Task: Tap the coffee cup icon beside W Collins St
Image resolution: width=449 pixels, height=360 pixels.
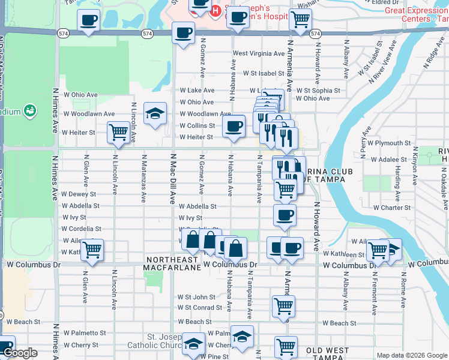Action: pyautogui.click(x=234, y=127)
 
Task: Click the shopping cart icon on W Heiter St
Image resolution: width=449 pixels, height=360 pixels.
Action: pyautogui.click(x=118, y=131)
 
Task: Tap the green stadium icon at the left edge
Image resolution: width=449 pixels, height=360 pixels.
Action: pyautogui.click(x=29, y=111)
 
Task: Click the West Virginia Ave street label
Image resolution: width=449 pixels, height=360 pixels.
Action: pyautogui.click(x=259, y=53)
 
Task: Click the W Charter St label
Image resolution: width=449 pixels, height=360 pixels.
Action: pyautogui.click(x=391, y=208)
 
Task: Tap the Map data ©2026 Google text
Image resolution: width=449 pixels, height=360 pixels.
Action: pyautogui.click(x=411, y=355)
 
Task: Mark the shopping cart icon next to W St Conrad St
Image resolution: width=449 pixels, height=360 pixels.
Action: pyautogui.click(x=283, y=305)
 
